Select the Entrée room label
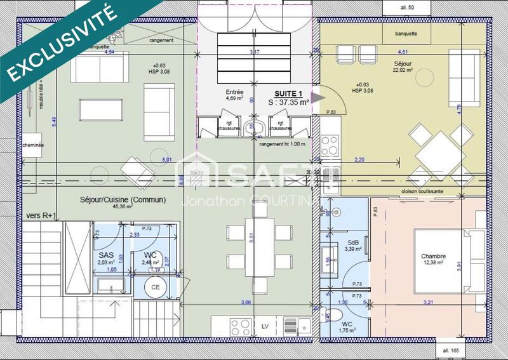[x=234, y=92]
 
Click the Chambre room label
[x=433, y=257]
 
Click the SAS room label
[x=105, y=255]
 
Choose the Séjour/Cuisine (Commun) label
[x=132, y=199]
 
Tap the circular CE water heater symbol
[x=154, y=287]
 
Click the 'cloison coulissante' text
[x=422, y=190]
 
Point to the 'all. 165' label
[x=451, y=350]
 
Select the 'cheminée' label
[x=32, y=145]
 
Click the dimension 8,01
[x=168, y=159]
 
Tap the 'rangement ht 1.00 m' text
[x=283, y=144]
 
